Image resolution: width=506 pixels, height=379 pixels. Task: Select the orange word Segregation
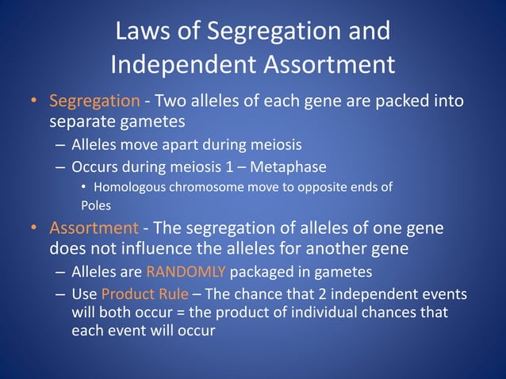(x=94, y=102)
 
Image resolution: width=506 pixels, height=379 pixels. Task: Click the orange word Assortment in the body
(x=94, y=228)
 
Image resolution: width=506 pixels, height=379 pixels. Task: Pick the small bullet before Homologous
(x=84, y=188)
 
